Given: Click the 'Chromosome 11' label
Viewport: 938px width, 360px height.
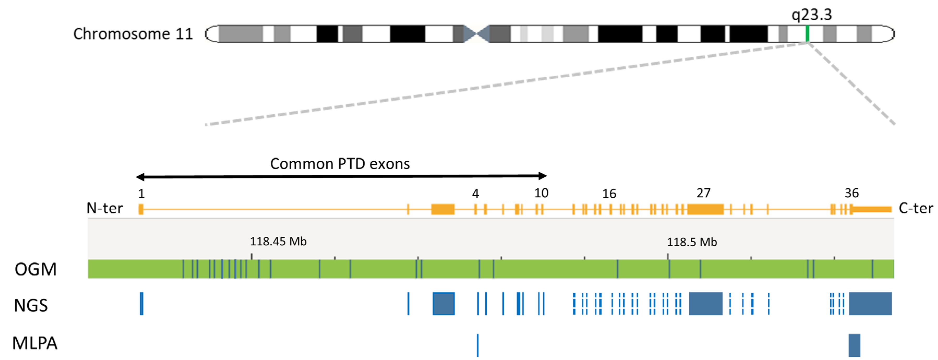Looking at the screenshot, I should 133,34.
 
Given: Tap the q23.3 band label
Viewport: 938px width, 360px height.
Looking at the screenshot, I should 812,15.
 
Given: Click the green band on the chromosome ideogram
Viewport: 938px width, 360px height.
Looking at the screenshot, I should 807,33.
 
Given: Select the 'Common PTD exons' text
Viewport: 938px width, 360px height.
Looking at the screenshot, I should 340,164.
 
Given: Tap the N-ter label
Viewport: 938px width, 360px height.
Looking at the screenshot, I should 105,208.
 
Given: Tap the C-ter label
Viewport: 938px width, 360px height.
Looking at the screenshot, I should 915,208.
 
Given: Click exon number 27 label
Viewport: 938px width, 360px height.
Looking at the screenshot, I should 703,193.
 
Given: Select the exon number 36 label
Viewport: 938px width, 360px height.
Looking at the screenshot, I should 851,193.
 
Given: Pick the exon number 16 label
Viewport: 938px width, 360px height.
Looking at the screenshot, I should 609,194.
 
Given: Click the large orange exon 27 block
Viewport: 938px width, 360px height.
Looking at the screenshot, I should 705,209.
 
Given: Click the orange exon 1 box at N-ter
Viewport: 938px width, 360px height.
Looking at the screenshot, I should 141,209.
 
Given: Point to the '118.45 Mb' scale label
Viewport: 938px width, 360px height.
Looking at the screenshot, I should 278,241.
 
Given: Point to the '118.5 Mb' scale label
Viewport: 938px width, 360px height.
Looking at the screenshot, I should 692,242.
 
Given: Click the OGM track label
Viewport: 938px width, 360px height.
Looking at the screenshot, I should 36,269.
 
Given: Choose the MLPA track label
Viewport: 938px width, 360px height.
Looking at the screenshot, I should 35,343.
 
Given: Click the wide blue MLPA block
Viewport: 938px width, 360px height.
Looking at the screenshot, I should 854,345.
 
